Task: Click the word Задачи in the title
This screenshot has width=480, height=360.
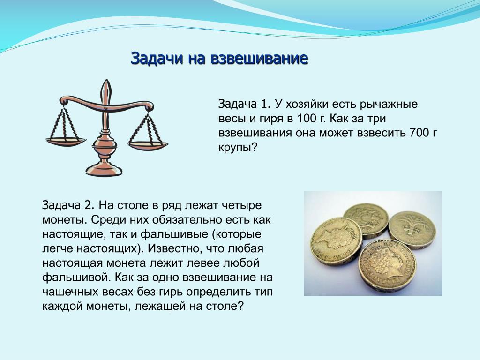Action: (x=157, y=58)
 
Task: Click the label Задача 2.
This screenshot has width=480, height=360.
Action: (x=68, y=205)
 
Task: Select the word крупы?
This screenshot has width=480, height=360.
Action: (x=238, y=148)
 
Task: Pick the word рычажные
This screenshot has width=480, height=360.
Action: (x=389, y=105)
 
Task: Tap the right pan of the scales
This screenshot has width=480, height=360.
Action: (x=148, y=144)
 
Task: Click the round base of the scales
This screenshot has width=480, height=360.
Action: (x=104, y=170)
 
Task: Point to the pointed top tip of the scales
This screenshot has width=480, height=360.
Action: (x=107, y=80)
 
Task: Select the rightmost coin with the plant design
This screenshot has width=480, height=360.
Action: (x=412, y=230)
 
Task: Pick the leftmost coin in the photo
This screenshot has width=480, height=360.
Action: (x=336, y=242)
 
